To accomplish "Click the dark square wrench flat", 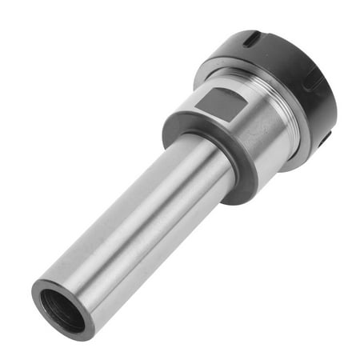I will [x=223, y=102].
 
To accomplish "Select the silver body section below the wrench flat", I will [x=240, y=160].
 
